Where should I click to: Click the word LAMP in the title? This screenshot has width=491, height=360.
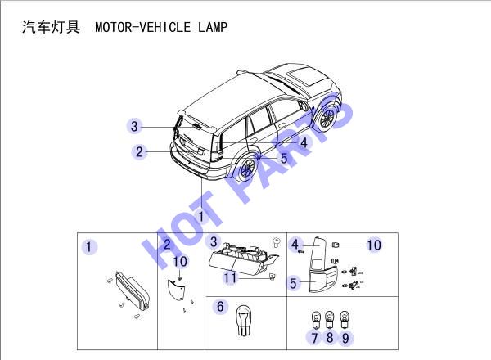pyautogui.click(x=213, y=27)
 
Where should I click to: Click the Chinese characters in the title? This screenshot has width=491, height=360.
pyautogui.click(x=51, y=27)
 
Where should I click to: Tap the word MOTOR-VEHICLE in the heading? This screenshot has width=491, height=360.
pyautogui.click(x=142, y=27)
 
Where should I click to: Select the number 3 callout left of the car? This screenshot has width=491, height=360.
pyautogui.click(x=134, y=127)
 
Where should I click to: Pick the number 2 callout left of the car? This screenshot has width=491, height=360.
pyautogui.click(x=139, y=152)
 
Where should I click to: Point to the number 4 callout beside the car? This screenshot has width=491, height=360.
pyautogui.click(x=304, y=142)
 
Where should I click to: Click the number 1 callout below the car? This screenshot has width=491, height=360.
pyautogui.click(x=201, y=216)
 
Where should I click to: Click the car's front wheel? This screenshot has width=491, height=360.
pyautogui.click(x=327, y=117)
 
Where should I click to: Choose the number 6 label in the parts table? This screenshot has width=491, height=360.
pyautogui.click(x=220, y=307)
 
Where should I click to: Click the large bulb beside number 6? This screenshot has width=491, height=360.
pyautogui.click(x=244, y=320)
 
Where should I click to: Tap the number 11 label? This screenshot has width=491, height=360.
pyautogui.click(x=230, y=278)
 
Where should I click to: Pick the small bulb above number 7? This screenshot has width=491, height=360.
pyautogui.click(x=315, y=320)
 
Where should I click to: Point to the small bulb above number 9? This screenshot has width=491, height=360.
pyautogui.click(x=345, y=320)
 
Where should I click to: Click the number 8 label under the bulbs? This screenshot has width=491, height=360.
pyautogui.click(x=330, y=337)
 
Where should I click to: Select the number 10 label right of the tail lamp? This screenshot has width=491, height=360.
pyautogui.click(x=374, y=245)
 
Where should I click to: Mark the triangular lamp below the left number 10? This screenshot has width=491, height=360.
pyautogui.click(x=176, y=290)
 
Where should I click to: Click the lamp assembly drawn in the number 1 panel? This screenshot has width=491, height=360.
pyautogui.click(x=132, y=290)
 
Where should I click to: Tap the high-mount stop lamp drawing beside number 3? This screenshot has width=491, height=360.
pyautogui.click(x=243, y=259)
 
